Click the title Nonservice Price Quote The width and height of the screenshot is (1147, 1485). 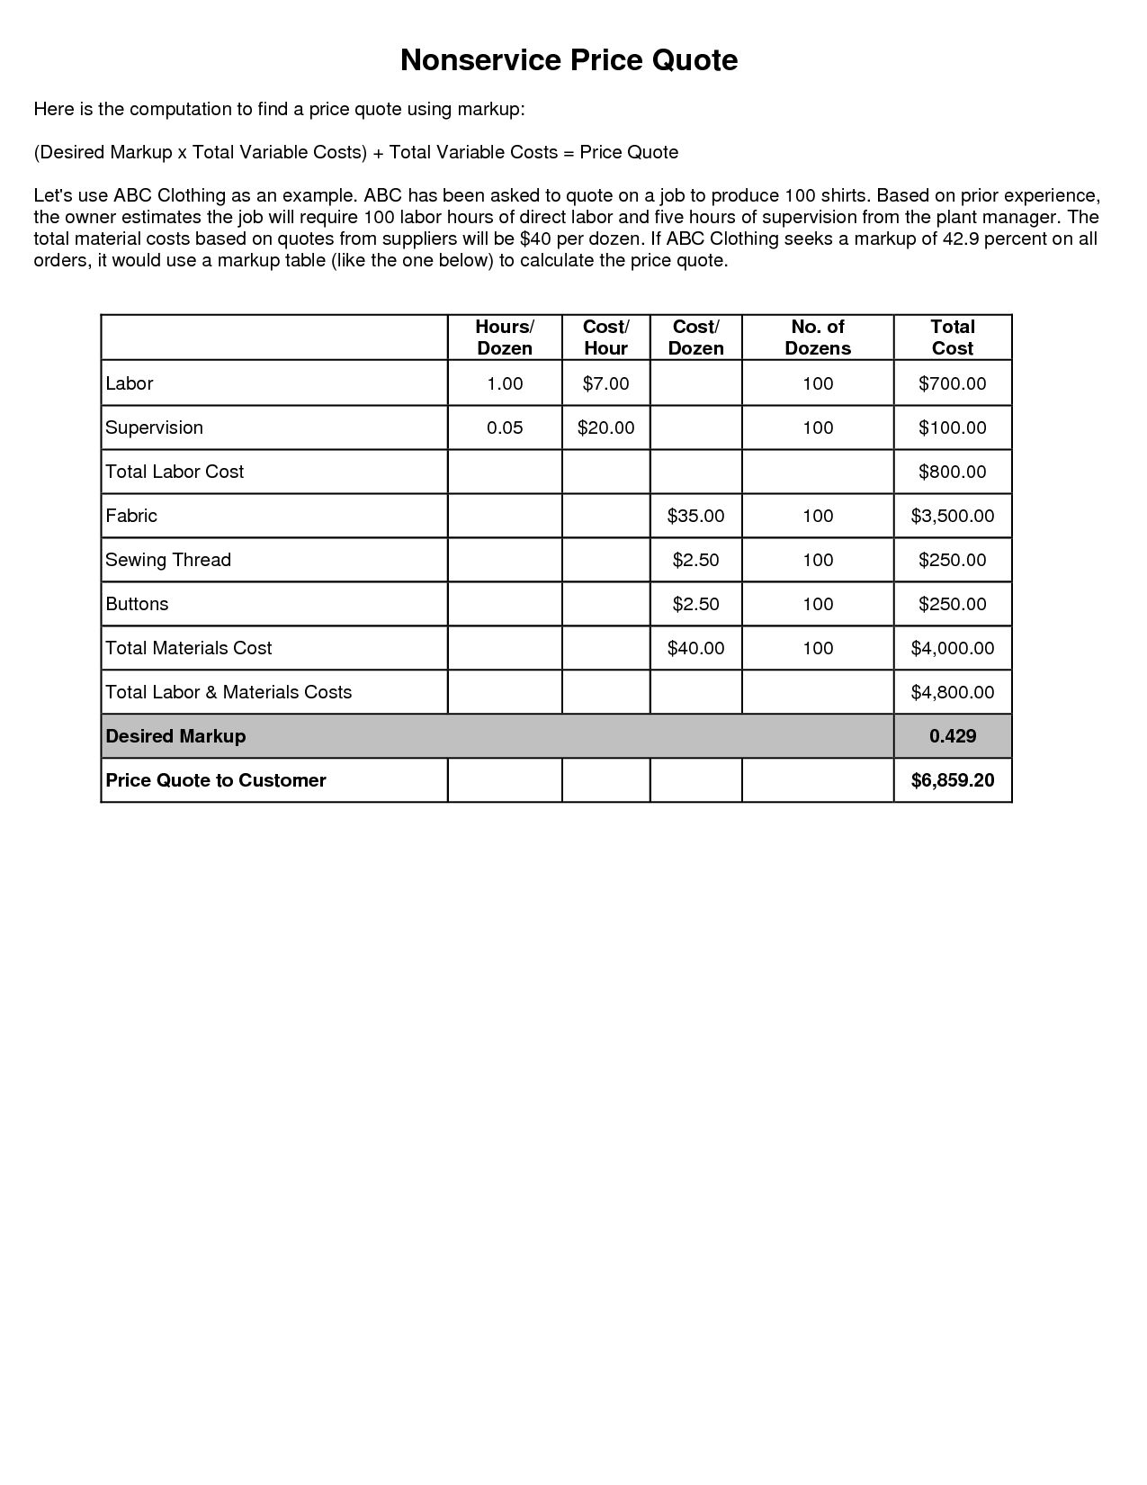point(569,60)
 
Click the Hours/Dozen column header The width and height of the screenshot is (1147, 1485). point(505,337)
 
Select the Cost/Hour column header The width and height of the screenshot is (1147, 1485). point(605,337)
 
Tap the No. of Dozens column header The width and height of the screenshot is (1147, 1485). point(818,337)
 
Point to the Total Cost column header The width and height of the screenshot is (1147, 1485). point(953,337)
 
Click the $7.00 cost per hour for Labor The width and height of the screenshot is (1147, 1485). point(605,383)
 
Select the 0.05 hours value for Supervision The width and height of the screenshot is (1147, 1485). point(505,427)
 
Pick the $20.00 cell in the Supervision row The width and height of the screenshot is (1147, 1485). point(605,427)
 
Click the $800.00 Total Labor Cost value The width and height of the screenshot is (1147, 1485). point(952,472)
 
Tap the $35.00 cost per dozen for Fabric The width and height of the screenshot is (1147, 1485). point(695,516)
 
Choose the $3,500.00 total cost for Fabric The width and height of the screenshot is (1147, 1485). point(952,516)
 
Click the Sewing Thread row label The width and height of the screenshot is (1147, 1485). point(168,560)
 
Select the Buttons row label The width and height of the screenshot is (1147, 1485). point(137,604)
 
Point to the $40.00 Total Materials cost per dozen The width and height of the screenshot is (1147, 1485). point(695,648)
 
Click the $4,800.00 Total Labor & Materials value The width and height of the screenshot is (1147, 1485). point(952,692)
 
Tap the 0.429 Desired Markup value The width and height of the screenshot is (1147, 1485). point(952,736)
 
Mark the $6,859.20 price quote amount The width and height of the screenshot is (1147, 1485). point(952,780)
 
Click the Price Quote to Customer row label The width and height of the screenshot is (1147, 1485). point(216,780)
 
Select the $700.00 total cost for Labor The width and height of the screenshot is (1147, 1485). point(952,383)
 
